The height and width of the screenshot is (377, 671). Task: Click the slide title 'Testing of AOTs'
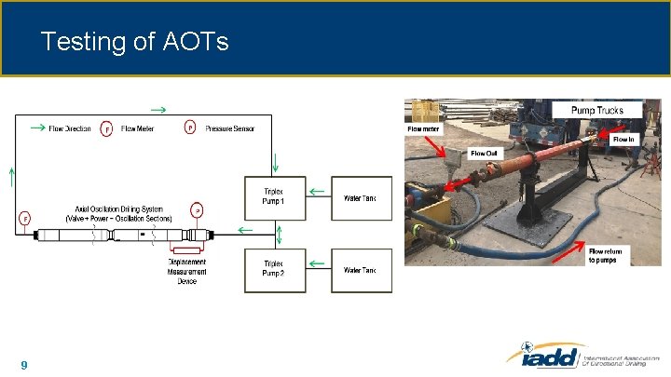point(135,42)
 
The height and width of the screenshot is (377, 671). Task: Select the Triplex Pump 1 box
point(275,197)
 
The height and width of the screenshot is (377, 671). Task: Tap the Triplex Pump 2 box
point(275,270)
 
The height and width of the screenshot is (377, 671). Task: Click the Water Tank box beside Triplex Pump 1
point(362,197)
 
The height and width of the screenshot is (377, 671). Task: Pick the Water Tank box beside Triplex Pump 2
point(362,270)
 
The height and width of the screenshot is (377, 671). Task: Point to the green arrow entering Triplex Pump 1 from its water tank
point(318,192)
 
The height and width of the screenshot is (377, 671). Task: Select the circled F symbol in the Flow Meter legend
point(106,128)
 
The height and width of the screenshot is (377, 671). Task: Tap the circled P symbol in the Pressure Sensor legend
point(191,128)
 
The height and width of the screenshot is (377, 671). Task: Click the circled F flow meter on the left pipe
point(24,219)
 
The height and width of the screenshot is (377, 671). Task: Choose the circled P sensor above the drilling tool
point(197,210)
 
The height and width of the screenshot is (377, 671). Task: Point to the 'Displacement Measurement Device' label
point(187,271)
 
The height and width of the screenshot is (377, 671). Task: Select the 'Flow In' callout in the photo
point(623,140)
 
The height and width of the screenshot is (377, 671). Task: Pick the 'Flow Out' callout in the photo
point(484,154)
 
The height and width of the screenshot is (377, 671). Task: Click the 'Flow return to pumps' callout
point(609,255)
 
